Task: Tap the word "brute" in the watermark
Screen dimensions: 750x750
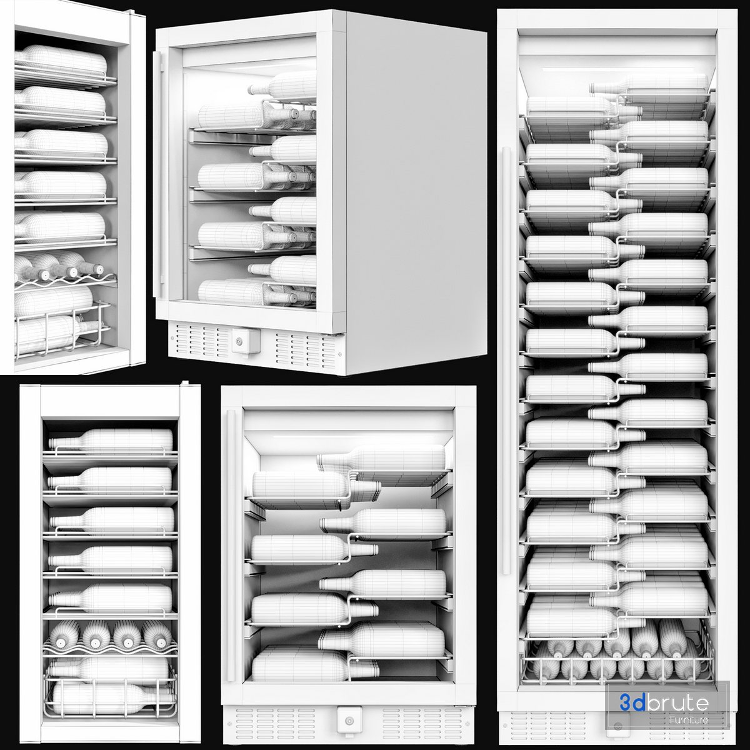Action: pyautogui.click(x=678, y=703)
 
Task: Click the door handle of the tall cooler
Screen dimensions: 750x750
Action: pyautogui.click(x=506, y=361)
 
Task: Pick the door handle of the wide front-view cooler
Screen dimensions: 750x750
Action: pyautogui.click(x=231, y=545)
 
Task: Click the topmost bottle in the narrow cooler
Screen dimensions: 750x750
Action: pyautogui.click(x=111, y=440)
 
